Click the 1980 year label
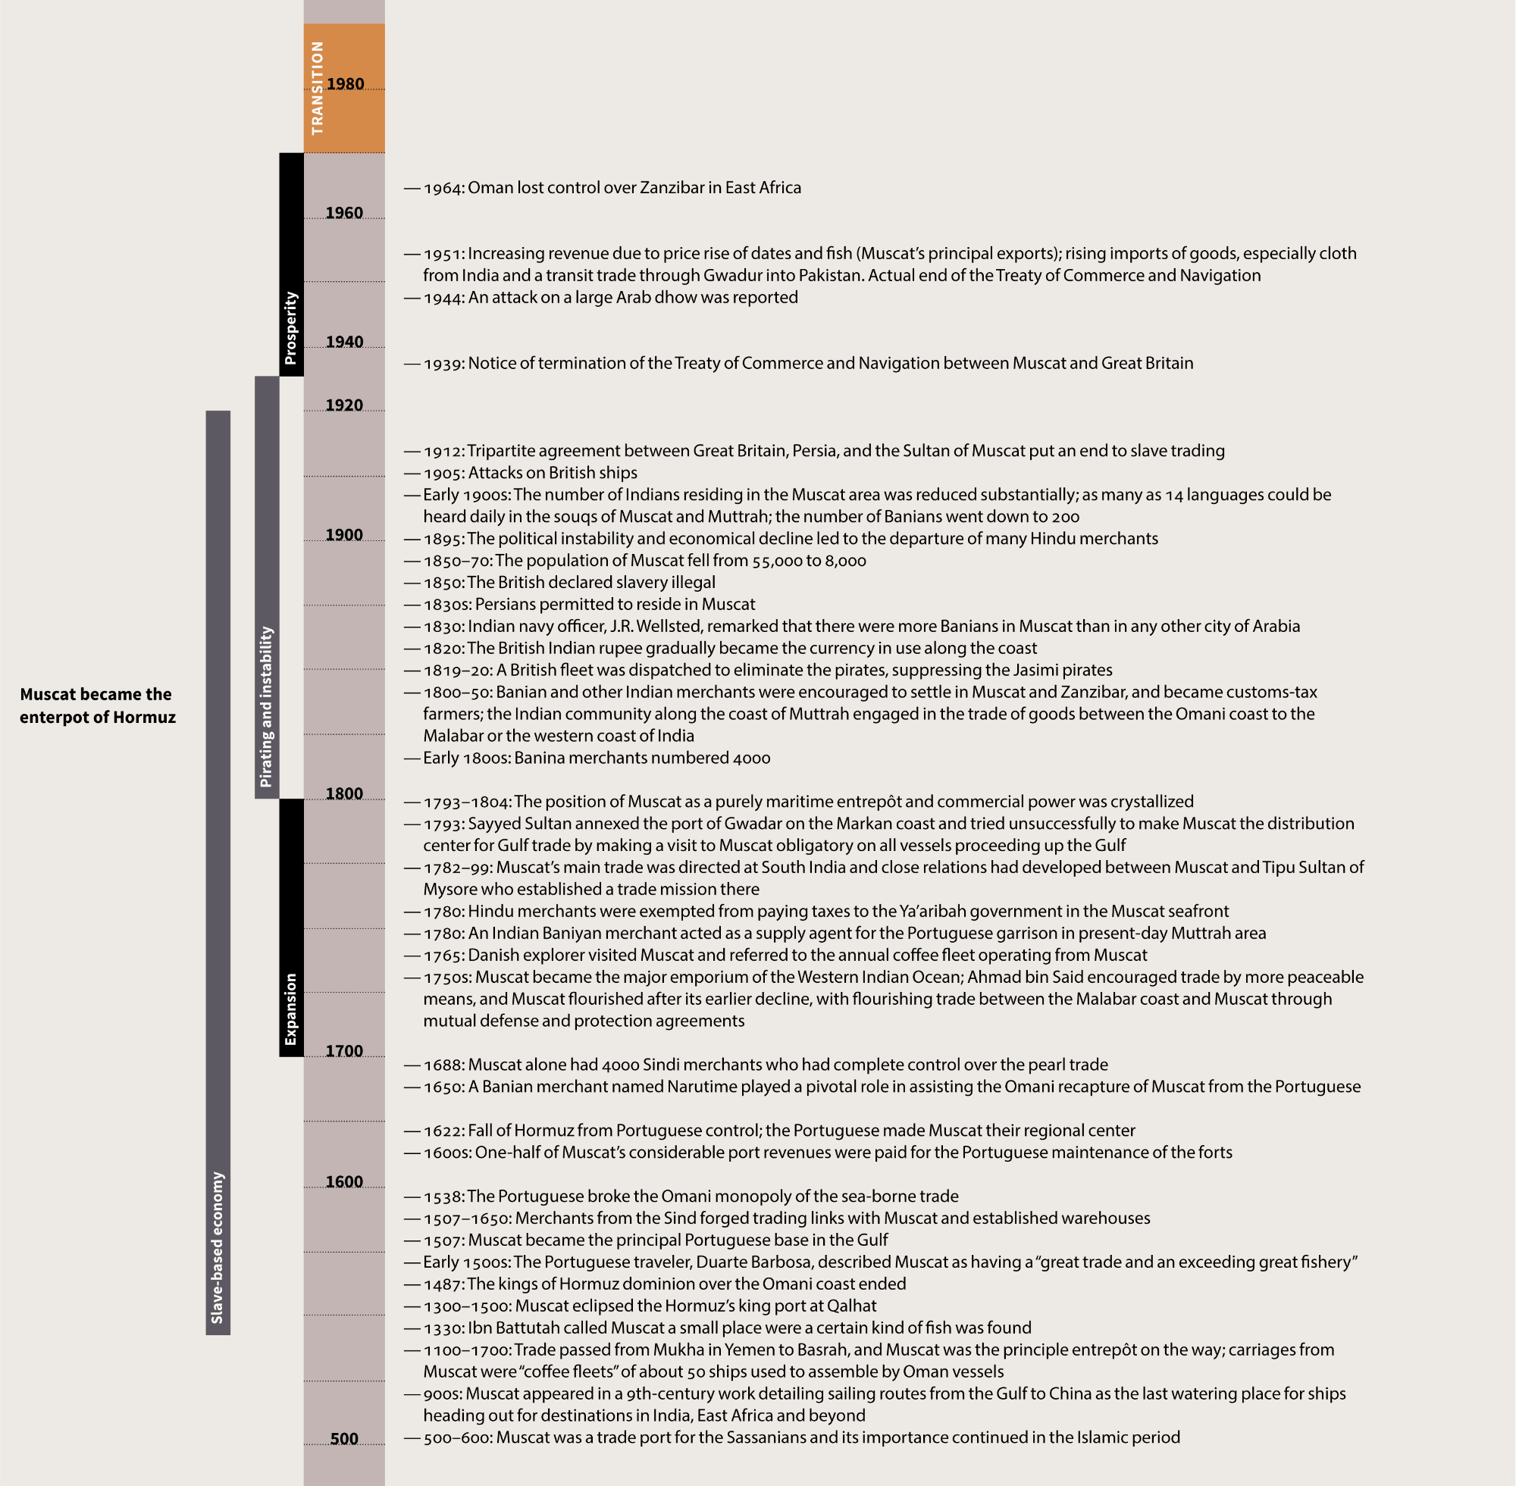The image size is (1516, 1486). (x=345, y=83)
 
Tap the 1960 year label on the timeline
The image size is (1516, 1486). (x=344, y=213)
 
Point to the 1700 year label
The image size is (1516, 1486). (x=344, y=1051)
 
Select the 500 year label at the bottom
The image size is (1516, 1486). (x=344, y=1439)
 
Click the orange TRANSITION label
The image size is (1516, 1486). (x=317, y=88)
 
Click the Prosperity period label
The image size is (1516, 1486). (x=291, y=328)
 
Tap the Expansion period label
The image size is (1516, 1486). (x=291, y=1009)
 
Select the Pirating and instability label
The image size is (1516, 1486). (x=267, y=706)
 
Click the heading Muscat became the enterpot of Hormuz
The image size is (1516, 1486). (x=98, y=705)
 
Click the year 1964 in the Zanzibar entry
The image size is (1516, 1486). (x=443, y=188)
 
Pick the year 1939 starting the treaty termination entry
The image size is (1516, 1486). (x=443, y=364)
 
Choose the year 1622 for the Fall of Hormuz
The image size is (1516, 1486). (x=443, y=1131)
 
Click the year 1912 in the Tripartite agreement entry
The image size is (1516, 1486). (x=443, y=451)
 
